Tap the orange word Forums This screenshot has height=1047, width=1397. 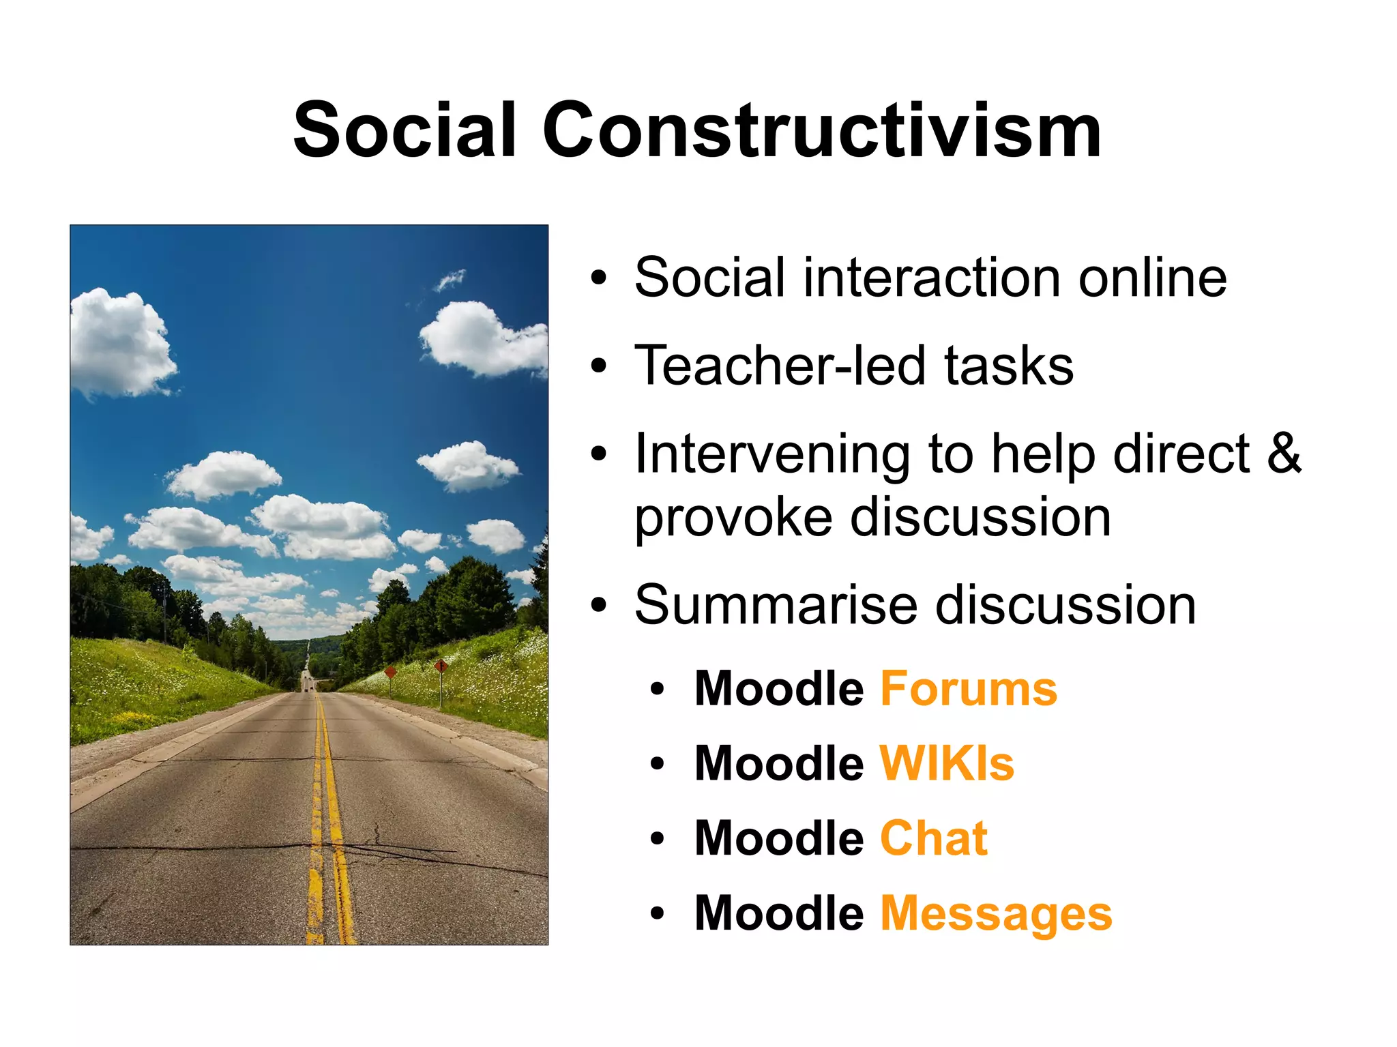(x=969, y=689)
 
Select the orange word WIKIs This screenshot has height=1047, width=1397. (x=947, y=763)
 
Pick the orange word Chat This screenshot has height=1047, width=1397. (x=933, y=838)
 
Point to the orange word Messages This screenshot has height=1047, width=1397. (x=996, y=913)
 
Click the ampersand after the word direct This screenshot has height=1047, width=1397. (x=1284, y=454)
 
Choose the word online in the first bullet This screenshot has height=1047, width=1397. (x=1152, y=278)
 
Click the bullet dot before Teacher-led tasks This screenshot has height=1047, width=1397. (x=598, y=366)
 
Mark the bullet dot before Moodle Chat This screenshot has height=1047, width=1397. (x=657, y=839)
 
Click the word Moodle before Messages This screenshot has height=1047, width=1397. (x=779, y=913)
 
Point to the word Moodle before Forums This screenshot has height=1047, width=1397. (x=779, y=689)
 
